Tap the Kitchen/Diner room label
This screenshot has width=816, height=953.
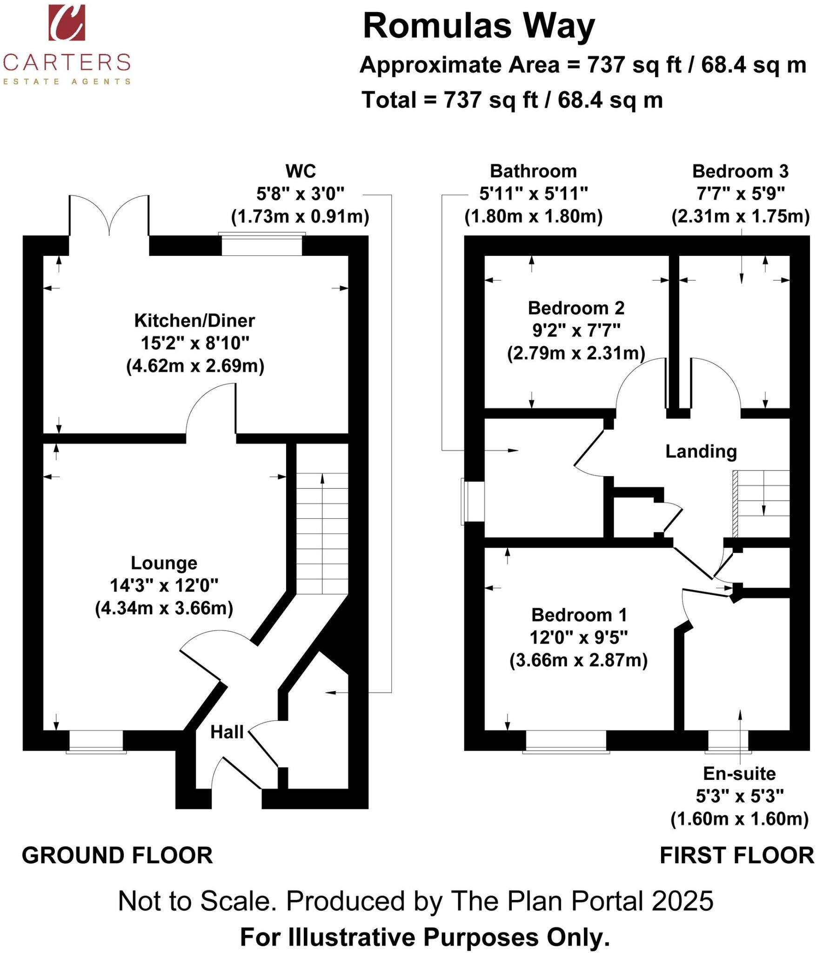pos(194,321)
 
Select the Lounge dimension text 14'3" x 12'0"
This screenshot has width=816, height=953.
pos(164,585)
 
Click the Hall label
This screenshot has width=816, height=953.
pos(227,732)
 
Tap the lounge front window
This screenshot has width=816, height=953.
pos(96,740)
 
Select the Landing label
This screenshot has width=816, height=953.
pos(701,451)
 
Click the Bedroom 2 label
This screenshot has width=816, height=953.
pos(576,308)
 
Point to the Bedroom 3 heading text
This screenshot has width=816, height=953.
pos(740,171)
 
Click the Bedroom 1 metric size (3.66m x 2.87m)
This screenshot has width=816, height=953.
pos(578,660)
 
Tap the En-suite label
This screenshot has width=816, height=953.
pos(739,774)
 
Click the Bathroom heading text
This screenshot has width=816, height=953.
pos(533,171)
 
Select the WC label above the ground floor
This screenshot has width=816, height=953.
pos(301,171)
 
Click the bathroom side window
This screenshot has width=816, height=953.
pos(473,501)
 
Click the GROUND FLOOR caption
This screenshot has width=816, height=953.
pos(117,856)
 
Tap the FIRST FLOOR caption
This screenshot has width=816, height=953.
pos(736,856)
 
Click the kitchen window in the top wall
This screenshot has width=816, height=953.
pos(262,245)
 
